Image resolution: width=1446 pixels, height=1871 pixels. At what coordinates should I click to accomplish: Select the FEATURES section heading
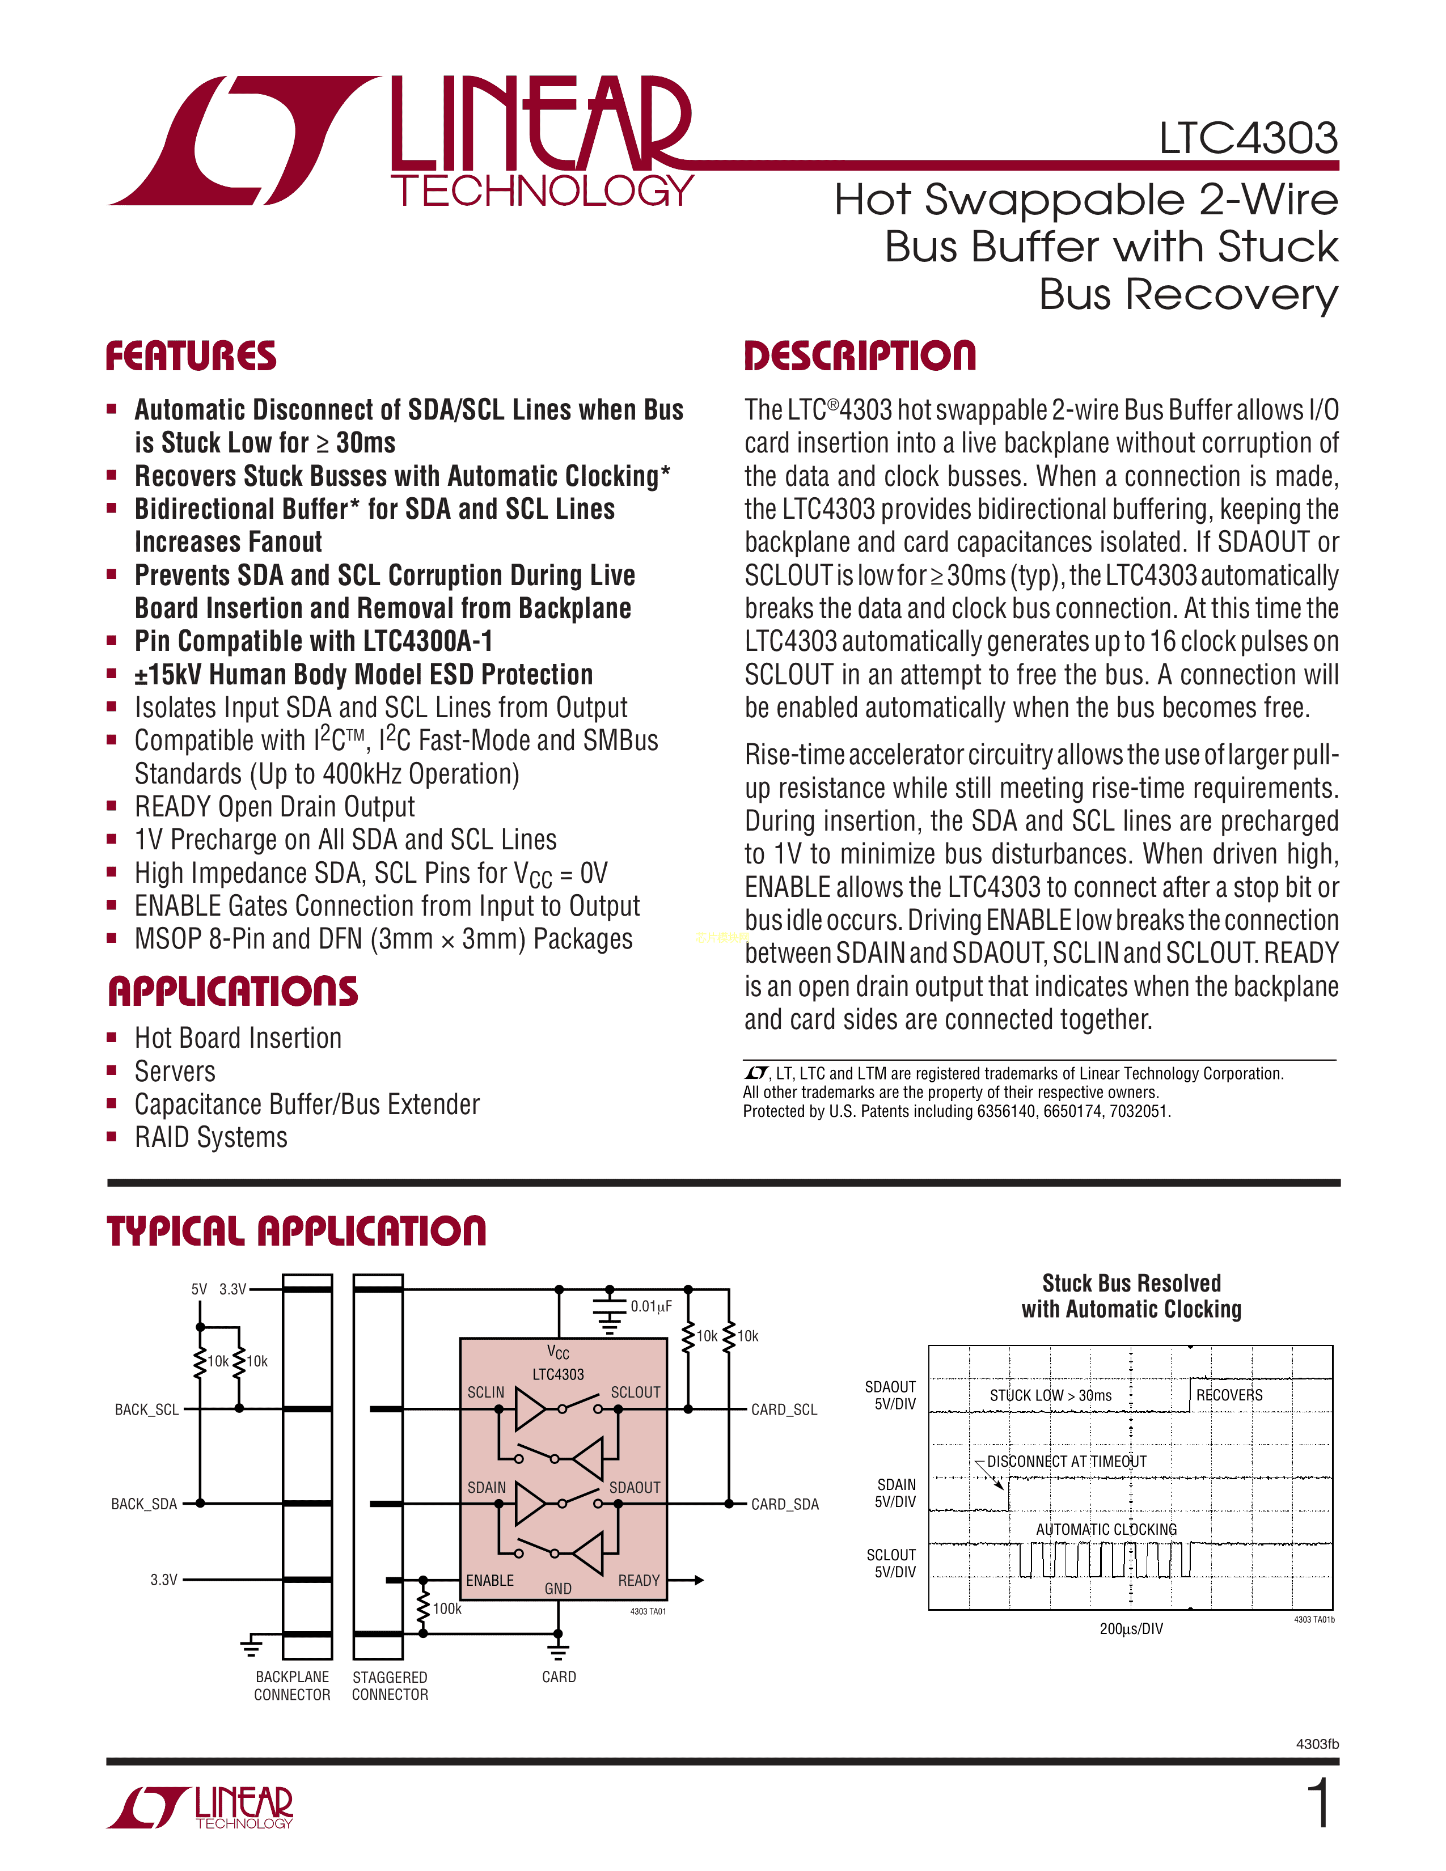[x=191, y=357]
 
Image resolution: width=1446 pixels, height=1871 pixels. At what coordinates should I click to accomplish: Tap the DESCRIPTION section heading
[x=859, y=357]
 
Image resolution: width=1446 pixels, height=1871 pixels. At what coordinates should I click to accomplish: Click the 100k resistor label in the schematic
[x=447, y=1609]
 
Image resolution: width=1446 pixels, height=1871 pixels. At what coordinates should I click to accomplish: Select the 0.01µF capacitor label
[x=651, y=1306]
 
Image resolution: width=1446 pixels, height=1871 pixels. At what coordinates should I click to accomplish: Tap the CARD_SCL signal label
[x=784, y=1409]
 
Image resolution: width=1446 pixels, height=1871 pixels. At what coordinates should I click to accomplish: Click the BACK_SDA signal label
[x=144, y=1504]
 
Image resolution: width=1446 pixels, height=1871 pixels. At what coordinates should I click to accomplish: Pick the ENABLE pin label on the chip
[x=490, y=1580]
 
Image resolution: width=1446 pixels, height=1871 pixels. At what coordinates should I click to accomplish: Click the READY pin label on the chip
[x=639, y=1580]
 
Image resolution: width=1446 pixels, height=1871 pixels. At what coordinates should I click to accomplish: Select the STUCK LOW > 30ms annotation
[x=1050, y=1395]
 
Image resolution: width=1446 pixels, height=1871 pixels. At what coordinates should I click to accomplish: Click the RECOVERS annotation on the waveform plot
[x=1229, y=1395]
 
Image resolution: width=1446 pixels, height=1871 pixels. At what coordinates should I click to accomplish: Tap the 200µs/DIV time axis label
[x=1131, y=1628]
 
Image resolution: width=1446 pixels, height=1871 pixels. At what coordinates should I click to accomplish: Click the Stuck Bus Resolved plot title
[x=1131, y=1296]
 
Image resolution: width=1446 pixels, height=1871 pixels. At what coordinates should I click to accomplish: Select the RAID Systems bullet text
[x=211, y=1138]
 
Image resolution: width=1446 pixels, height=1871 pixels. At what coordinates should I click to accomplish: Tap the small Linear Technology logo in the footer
[x=200, y=1807]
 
